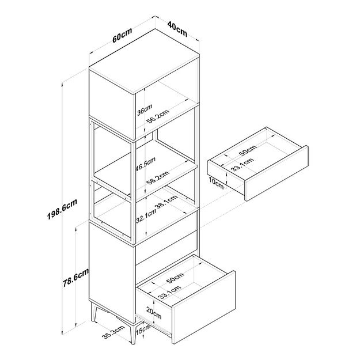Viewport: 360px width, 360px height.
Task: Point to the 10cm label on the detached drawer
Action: coord(215,183)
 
